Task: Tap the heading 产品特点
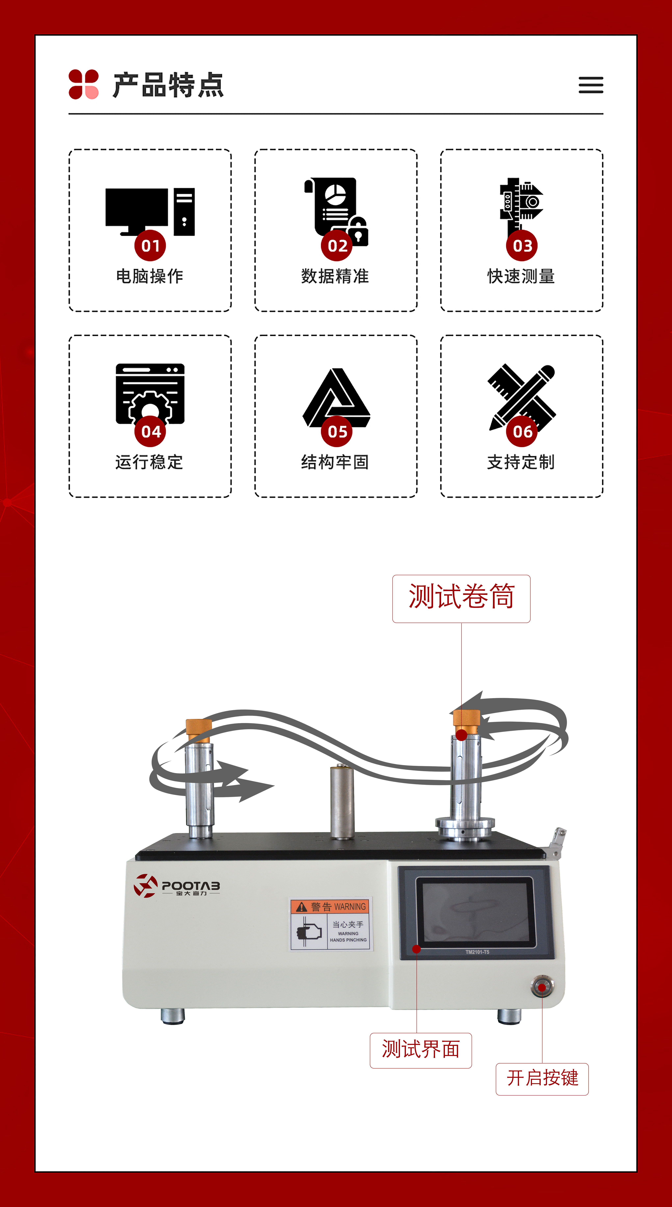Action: coord(168,85)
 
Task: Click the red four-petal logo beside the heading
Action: coord(83,84)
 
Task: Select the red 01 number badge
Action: coord(150,246)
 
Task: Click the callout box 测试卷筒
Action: coord(461,598)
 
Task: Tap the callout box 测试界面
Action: coord(420,1050)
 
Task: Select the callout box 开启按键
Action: coord(542,1079)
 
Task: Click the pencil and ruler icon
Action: coord(522,397)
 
